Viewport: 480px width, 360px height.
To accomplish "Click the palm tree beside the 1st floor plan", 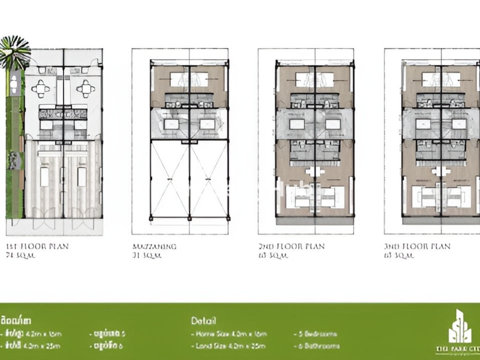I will pyautogui.click(x=14, y=52).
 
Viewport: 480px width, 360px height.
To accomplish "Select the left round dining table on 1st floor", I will pyautogui.click(x=40, y=89).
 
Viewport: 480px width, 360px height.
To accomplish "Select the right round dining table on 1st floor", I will pyautogui.click(x=86, y=89).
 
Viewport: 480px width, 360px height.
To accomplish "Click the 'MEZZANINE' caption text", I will pyautogui.click(x=154, y=246).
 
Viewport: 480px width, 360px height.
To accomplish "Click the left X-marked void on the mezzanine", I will pyautogui.click(x=170, y=179).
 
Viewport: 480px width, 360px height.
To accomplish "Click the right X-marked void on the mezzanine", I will pyautogui.click(x=209, y=179).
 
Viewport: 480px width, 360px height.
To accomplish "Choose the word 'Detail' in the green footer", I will pyautogui.click(x=203, y=321).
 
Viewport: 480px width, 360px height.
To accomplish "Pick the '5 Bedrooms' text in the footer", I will pyautogui.click(x=315, y=334).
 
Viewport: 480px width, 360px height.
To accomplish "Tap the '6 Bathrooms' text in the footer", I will pyautogui.click(x=316, y=345).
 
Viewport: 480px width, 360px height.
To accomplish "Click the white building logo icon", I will pyautogui.click(x=459, y=327).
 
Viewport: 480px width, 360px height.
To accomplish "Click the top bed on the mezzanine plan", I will pyautogui.click(x=189, y=79).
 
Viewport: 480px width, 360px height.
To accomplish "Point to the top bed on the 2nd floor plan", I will pyautogui.click(x=314, y=79).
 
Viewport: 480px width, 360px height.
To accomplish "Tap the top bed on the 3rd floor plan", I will pyautogui.click(x=441, y=79).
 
